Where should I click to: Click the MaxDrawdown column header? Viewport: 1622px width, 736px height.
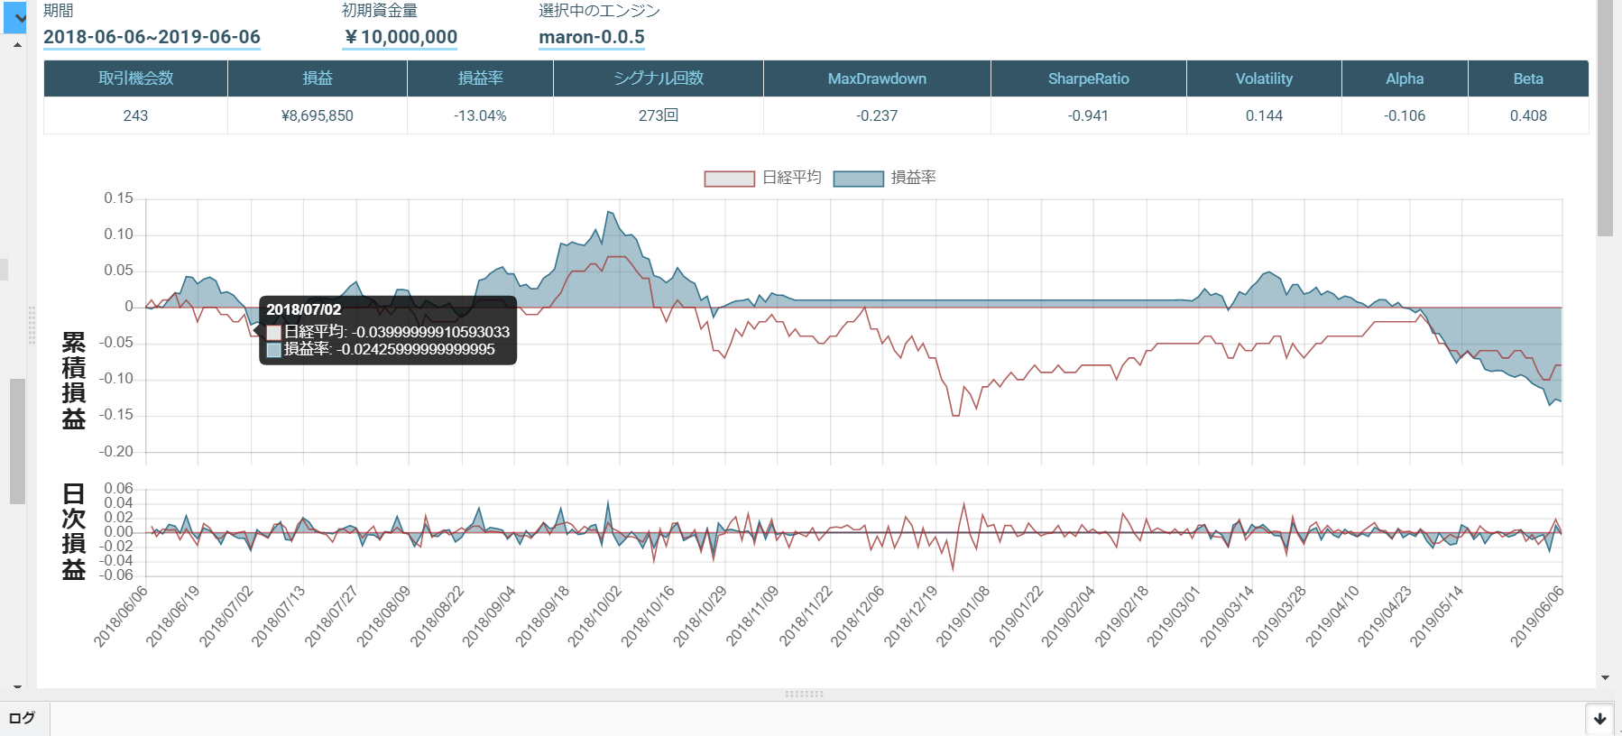[877, 78]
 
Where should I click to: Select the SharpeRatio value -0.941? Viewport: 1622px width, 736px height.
[1088, 115]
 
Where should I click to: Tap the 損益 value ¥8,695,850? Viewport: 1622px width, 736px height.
[318, 115]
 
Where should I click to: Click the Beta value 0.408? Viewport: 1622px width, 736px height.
[1528, 115]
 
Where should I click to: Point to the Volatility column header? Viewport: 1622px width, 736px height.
[1264, 78]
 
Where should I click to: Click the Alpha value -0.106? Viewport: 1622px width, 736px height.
[1405, 115]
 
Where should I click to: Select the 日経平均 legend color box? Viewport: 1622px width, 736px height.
[729, 179]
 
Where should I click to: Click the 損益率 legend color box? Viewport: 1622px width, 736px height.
[858, 179]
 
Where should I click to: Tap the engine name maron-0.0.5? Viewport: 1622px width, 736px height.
[592, 37]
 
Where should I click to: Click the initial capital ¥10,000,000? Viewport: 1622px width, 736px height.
[401, 37]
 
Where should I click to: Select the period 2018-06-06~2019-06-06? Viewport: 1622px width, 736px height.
[152, 37]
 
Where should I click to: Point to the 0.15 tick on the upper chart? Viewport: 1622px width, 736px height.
[118, 198]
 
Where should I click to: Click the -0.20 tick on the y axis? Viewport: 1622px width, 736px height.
[116, 451]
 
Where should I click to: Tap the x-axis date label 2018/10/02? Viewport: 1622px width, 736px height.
[595, 616]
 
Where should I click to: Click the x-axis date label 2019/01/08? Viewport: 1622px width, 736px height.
[963, 616]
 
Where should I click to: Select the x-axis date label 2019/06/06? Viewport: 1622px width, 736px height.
[1537, 616]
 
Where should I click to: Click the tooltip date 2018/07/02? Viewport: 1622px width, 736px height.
[304, 309]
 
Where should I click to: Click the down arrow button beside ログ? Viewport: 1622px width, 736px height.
[1599, 719]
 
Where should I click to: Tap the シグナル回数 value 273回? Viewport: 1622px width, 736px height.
[659, 115]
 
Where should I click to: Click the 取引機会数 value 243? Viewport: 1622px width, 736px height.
[135, 115]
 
